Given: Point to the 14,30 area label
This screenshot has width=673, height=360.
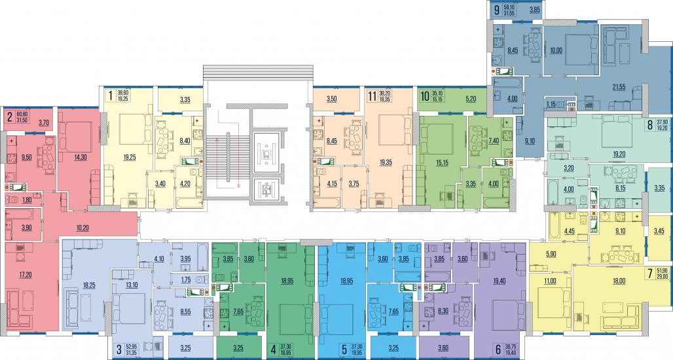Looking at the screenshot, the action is [x=81, y=158].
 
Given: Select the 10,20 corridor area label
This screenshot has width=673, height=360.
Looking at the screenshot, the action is [x=82, y=228].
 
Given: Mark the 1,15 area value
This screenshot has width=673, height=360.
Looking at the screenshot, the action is [x=551, y=103].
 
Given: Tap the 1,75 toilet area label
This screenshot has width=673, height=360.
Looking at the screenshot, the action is [x=186, y=279].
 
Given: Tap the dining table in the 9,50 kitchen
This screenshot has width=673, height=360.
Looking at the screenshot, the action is [x=46, y=151].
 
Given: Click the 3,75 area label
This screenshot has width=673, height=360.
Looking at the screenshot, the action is [x=354, y=184].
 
